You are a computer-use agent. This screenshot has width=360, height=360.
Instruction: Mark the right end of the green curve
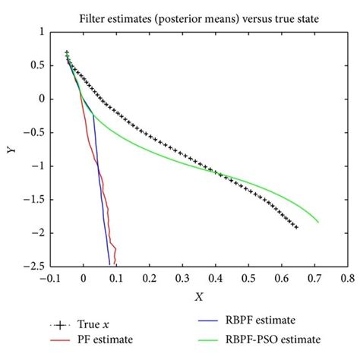tap(318, 223)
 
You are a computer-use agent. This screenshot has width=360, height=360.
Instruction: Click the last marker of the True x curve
tap(295, 227)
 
